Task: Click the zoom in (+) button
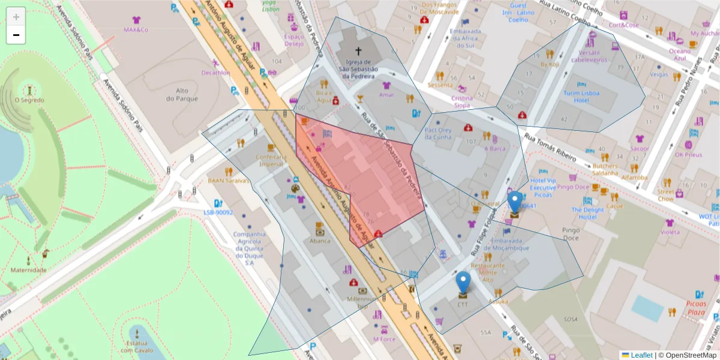pyautogui.click(x=16, y=17)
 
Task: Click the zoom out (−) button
pyautogui.click(x=16, y=35)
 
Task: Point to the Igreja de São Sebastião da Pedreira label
pyautogui.click(x=359, y=68)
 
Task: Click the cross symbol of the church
pyautogui.click(x=359, y=52)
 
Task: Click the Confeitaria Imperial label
pyautogui.click(x=270, y=160)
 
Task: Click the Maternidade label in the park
pyautogui.click(x=28, y=270)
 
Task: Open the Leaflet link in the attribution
pyautogui.click(x=641, y=355)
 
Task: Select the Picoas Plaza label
pyautogui.click(x=695, y=308)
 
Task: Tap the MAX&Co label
pyautogui.click(x=136, y=29)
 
